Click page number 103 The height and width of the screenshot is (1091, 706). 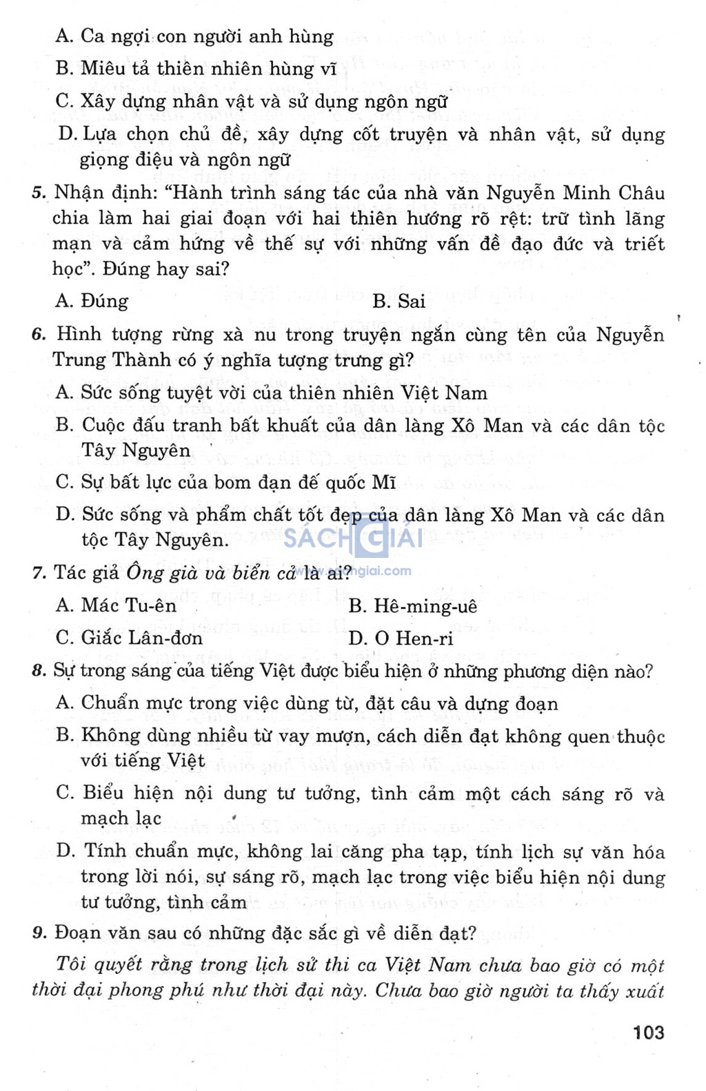(648, 1032)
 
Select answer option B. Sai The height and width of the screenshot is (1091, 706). (399, 301)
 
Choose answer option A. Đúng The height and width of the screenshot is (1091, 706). (92, 301)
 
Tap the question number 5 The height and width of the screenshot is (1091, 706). (39, 193)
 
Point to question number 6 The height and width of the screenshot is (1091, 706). (39, 335)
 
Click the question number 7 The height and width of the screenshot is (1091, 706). (39, 573)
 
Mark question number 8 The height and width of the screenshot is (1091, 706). (39, 671)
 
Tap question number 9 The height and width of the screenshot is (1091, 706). (39, 933)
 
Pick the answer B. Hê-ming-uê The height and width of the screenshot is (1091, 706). (412, 606)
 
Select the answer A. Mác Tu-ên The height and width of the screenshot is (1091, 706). (116, 605)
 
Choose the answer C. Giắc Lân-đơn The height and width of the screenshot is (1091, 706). (129, 638)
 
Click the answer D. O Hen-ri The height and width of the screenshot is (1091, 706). (401, 638)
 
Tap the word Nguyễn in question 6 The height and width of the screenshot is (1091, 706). (630, 335)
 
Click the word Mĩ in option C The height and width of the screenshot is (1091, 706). (383, 482)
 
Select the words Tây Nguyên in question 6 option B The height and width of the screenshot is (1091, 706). (136, 450)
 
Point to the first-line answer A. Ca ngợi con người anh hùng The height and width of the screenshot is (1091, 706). (194, 36)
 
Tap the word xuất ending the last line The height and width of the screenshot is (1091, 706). (645, 991)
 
